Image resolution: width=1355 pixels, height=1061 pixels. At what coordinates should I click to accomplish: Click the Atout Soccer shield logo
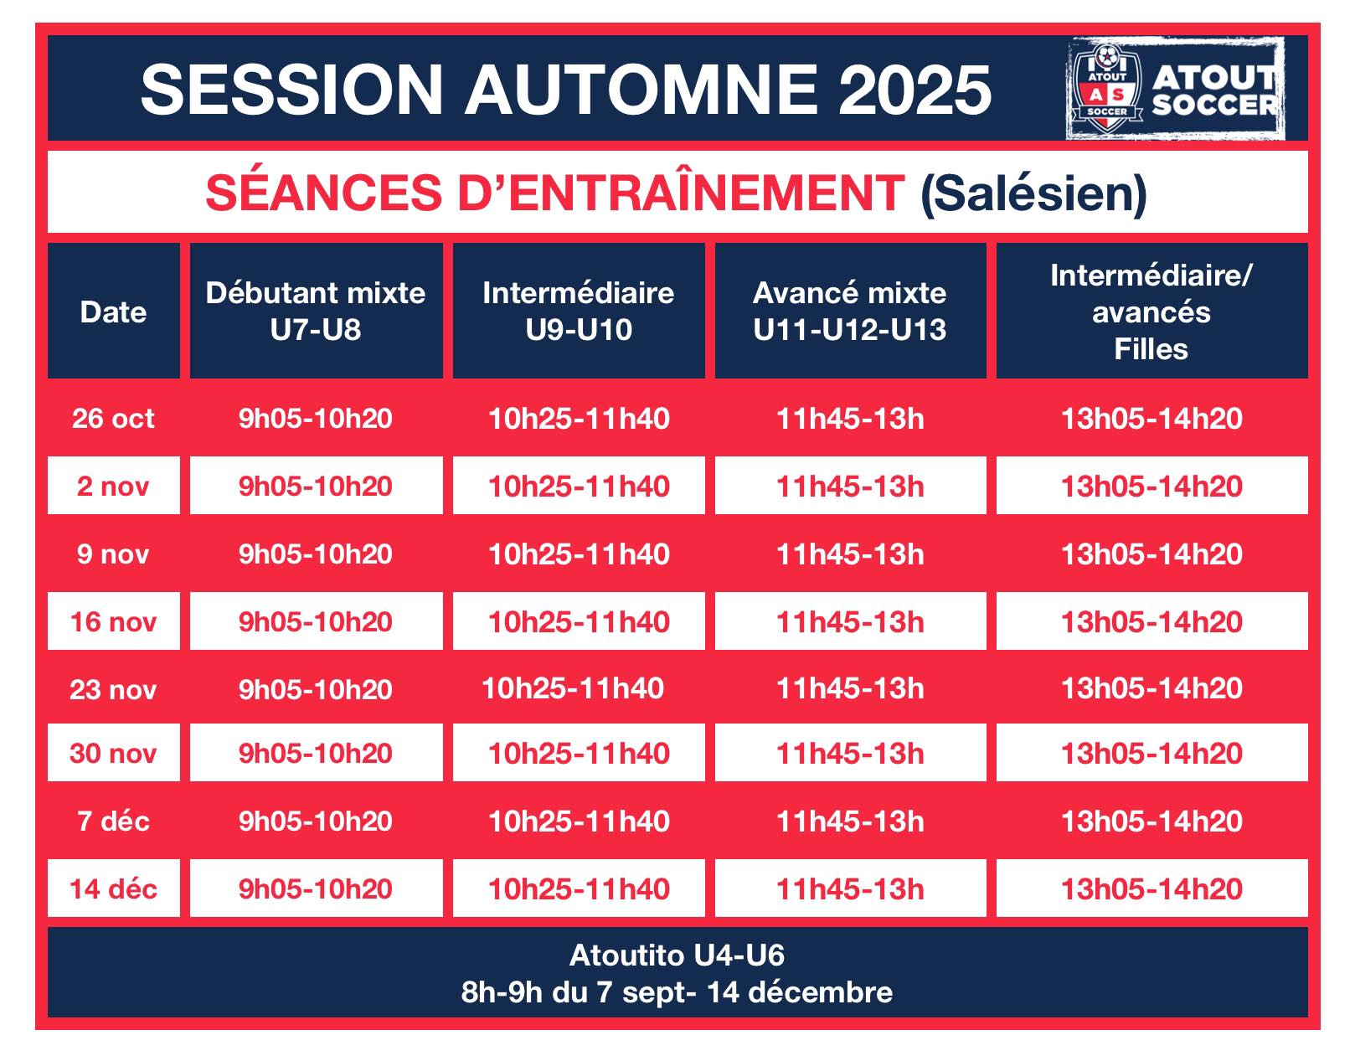(x=1107, y=88)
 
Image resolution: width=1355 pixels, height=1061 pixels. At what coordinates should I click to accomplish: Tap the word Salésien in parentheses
(x=1033, y=193)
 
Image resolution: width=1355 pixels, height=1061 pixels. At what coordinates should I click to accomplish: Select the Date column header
(x=114, y=312)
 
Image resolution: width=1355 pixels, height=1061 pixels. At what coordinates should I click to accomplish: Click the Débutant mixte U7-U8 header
(x=317, y=311)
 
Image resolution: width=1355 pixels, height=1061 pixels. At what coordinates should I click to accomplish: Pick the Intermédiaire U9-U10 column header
(x=579, y=311)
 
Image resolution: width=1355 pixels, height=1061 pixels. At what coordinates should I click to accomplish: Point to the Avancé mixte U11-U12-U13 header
(x=850, y=311)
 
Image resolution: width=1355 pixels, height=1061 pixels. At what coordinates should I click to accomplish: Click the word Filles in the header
(x=1151, y=349)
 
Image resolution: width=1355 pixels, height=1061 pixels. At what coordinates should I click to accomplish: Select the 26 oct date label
(x=113, y=419)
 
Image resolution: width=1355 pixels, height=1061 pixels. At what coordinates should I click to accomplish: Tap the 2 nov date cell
(x=114, y=486)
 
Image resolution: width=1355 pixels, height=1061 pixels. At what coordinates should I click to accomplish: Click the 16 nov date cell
(x=114, y=621)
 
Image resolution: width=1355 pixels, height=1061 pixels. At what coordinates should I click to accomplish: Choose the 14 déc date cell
(x=114, y=888)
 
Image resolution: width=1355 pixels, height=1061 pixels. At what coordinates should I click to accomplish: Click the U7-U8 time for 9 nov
(x=316, y=554)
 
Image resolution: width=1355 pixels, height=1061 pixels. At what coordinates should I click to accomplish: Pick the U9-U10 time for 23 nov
(x=573, y=689)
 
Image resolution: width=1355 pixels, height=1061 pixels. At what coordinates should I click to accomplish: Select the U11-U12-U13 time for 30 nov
(x=850, y=753)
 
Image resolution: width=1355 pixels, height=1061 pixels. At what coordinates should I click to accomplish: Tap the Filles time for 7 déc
(x=1151, y=821)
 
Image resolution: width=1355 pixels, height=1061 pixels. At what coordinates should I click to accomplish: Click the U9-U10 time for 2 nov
(x=579, y=486)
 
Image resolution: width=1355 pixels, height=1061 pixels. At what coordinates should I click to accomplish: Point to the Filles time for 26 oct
(x=1151, y=419)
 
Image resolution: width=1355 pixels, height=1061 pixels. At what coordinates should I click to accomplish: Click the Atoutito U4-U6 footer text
(x=677, y=955)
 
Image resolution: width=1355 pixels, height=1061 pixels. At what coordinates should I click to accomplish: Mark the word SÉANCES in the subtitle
(x=323, y=193)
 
